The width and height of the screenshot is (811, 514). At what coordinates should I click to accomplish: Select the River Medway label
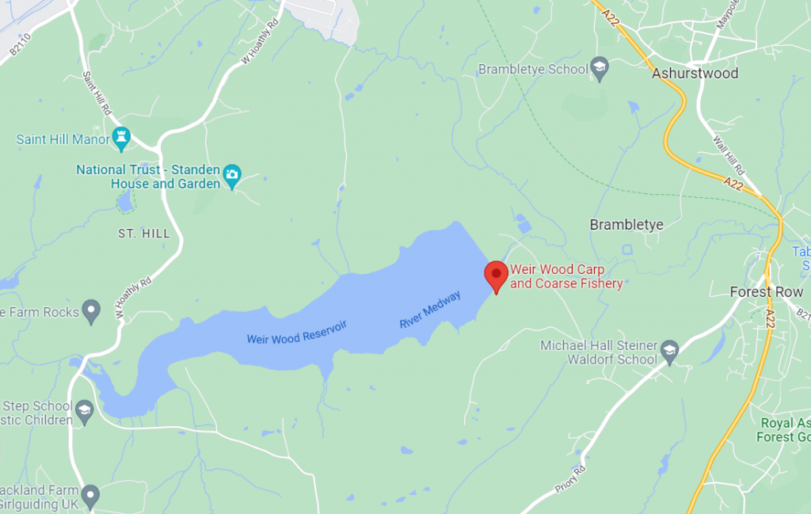click(429, 310)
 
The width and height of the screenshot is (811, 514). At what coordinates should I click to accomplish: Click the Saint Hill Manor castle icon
click(121, 139)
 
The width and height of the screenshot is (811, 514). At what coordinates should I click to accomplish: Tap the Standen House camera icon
click(231, 176)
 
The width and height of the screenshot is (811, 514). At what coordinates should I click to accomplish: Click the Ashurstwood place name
click(695, 74)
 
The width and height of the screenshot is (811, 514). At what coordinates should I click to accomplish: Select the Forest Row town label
click(766, 291)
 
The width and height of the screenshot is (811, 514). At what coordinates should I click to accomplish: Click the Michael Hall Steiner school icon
click(670, 352)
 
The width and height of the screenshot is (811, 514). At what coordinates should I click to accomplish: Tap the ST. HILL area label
click(143, 234)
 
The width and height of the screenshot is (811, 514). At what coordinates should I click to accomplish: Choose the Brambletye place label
click(626, 225)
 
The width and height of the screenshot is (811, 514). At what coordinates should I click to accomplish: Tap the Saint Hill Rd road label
click(97, 93)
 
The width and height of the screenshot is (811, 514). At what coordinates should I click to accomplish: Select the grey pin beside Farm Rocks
click(92, 312)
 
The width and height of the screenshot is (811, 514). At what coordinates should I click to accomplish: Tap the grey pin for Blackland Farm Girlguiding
click(91, 497)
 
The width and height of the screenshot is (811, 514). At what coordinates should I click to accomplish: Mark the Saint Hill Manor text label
click(63, 139)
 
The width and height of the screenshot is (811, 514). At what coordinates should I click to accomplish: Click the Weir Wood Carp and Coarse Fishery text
click(566, 276)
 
